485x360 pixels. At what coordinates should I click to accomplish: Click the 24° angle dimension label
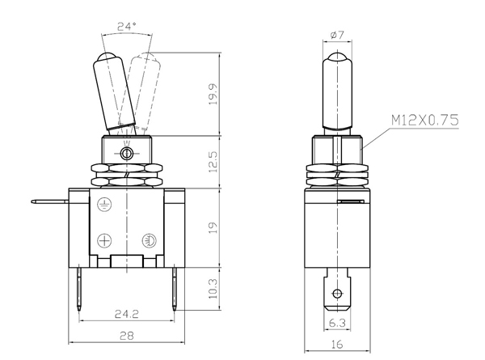tap(126, 27)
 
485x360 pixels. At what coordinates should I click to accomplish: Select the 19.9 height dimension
tap(213, 94)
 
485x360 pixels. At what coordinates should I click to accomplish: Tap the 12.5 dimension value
tap(213, 162)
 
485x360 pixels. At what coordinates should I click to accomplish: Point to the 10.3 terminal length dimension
tap(213, 289)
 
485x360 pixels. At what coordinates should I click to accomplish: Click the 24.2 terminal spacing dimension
tap(127, 314)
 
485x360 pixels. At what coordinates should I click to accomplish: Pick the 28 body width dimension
tap(127, 336)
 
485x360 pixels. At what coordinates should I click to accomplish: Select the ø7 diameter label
tap(337, 35)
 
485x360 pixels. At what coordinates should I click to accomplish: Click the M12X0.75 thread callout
tap(424, 120)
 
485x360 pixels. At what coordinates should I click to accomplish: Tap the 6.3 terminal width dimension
tap(337, 323)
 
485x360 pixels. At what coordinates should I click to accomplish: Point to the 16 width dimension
tap(337, 344)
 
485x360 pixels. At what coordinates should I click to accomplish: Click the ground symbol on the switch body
tap(104, 205)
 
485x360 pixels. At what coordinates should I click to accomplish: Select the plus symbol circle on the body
tap(104, 240)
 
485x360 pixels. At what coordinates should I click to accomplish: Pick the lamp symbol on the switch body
tap(149, 240)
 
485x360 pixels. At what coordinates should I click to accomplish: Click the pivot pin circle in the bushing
tap(127, 153)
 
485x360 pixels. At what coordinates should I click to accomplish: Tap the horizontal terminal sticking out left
tap(50, 201)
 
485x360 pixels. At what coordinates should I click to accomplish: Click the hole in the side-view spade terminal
tap(337, 293)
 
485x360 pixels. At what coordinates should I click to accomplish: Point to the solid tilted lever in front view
tap(115, 91)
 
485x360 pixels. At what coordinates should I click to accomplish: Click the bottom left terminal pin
tap(79, 288)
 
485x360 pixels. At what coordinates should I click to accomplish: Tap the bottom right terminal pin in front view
tap(175, 288)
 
